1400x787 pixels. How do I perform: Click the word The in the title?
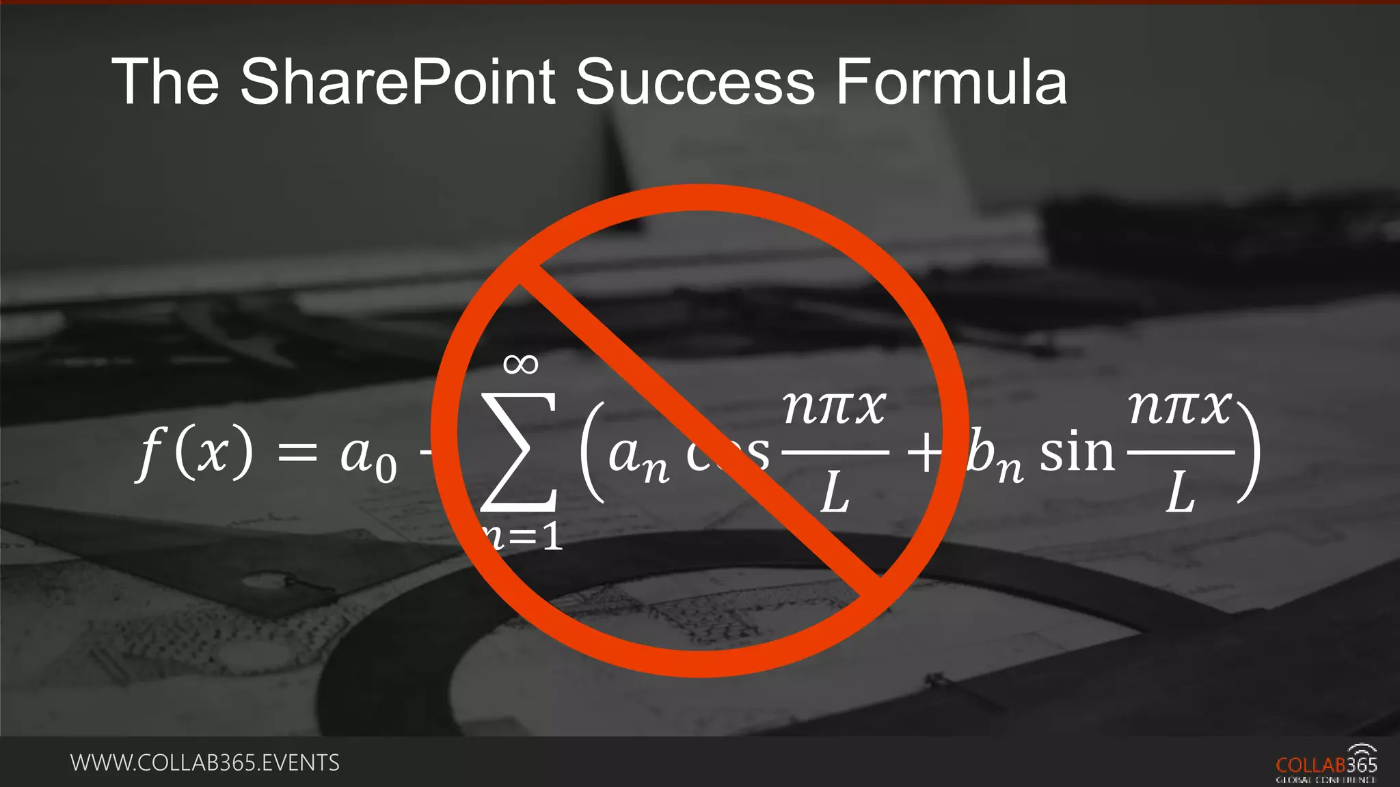165,82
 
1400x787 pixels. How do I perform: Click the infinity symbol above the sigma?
521,364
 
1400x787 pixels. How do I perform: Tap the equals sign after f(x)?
297,453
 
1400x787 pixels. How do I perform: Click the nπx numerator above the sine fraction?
1179,408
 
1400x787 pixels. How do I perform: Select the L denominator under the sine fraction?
1181,493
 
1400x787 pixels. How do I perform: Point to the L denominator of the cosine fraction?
835,493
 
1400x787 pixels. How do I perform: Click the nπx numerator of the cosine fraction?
834,408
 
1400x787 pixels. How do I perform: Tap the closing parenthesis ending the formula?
1249,452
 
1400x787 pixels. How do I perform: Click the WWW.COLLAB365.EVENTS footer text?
205,762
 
